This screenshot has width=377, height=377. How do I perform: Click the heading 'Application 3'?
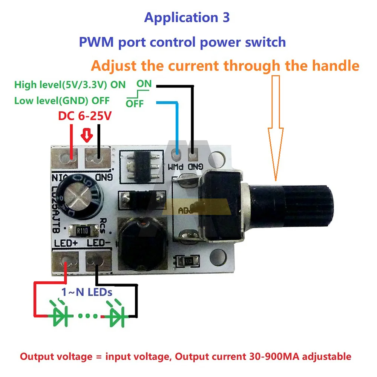pyautogui.click(x=187, y=18)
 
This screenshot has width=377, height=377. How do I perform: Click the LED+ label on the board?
pyautogui.click(x=66, y=243)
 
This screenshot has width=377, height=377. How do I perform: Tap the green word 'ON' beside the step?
pyautogui.click(x=144, y=84)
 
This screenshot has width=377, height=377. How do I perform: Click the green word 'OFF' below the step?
pyautogui.click(x=135, y=104)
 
